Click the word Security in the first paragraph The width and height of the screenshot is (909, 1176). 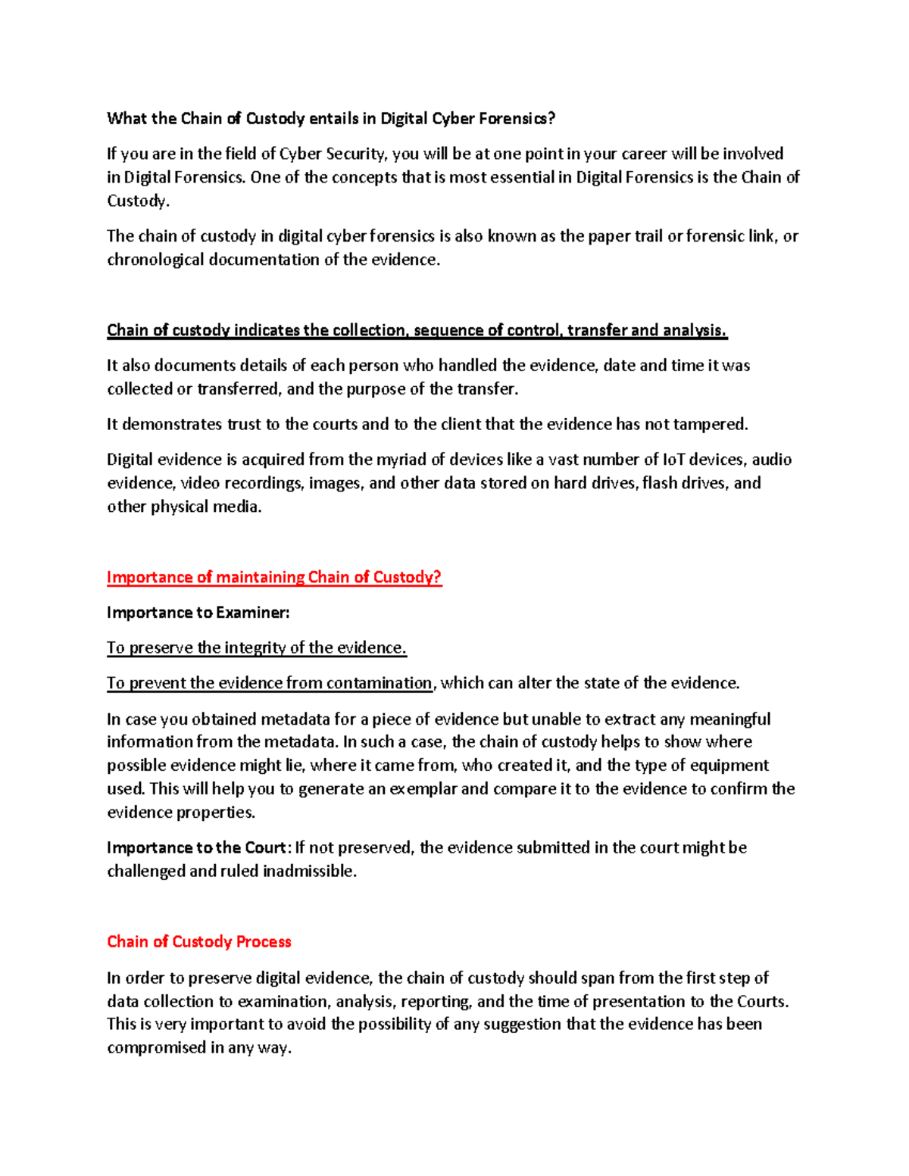(356, 154)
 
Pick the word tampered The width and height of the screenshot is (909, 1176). (708, 424)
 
